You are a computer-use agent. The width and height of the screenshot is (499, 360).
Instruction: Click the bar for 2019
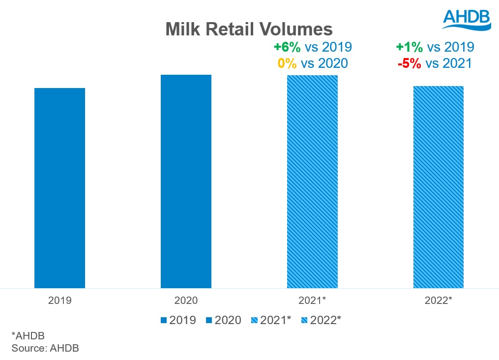tap(59, 188)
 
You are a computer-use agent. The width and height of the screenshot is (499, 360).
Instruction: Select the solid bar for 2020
tap(186, 181)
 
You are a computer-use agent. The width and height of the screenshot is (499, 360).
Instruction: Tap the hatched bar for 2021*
tap(312, 181)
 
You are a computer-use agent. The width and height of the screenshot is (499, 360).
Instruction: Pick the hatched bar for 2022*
tap(438, 187)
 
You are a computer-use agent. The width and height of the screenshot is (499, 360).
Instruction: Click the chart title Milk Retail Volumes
tap(249, 30)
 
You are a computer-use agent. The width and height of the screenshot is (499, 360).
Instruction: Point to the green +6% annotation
tap(287, 47)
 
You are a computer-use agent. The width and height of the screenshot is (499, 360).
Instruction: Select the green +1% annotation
tap(409, 47)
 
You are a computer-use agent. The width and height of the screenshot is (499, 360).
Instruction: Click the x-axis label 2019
tap(59, 300)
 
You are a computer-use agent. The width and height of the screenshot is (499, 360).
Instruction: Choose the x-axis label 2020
tap(186, 300)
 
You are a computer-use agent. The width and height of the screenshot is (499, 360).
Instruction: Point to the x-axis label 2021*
tap(312, 300)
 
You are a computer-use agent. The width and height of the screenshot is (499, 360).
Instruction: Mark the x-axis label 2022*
tap(438, 300)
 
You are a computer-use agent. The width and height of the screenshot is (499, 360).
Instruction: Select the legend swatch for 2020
tap(208, 321)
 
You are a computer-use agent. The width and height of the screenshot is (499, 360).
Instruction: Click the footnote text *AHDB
tap(28, 336)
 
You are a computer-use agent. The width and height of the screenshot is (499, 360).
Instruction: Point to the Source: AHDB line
tap(45, 348)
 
